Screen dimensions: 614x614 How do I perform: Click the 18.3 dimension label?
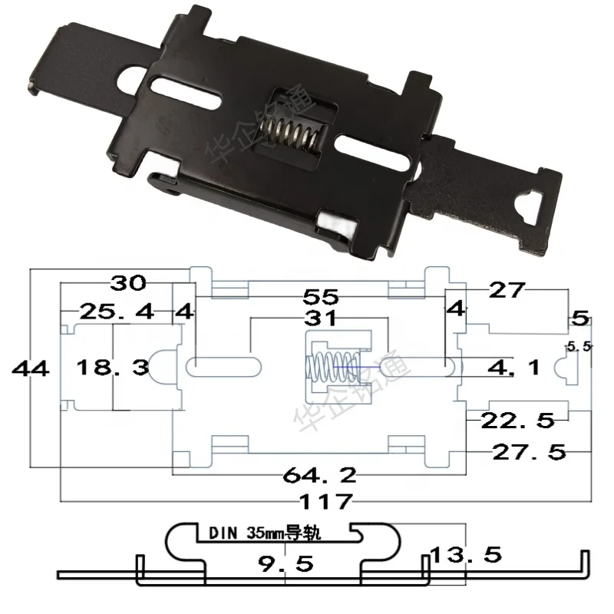tap(112, 368)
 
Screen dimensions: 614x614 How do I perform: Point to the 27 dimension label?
tap(507, 289)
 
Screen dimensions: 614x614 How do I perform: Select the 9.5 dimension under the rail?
tap(286, 565)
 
